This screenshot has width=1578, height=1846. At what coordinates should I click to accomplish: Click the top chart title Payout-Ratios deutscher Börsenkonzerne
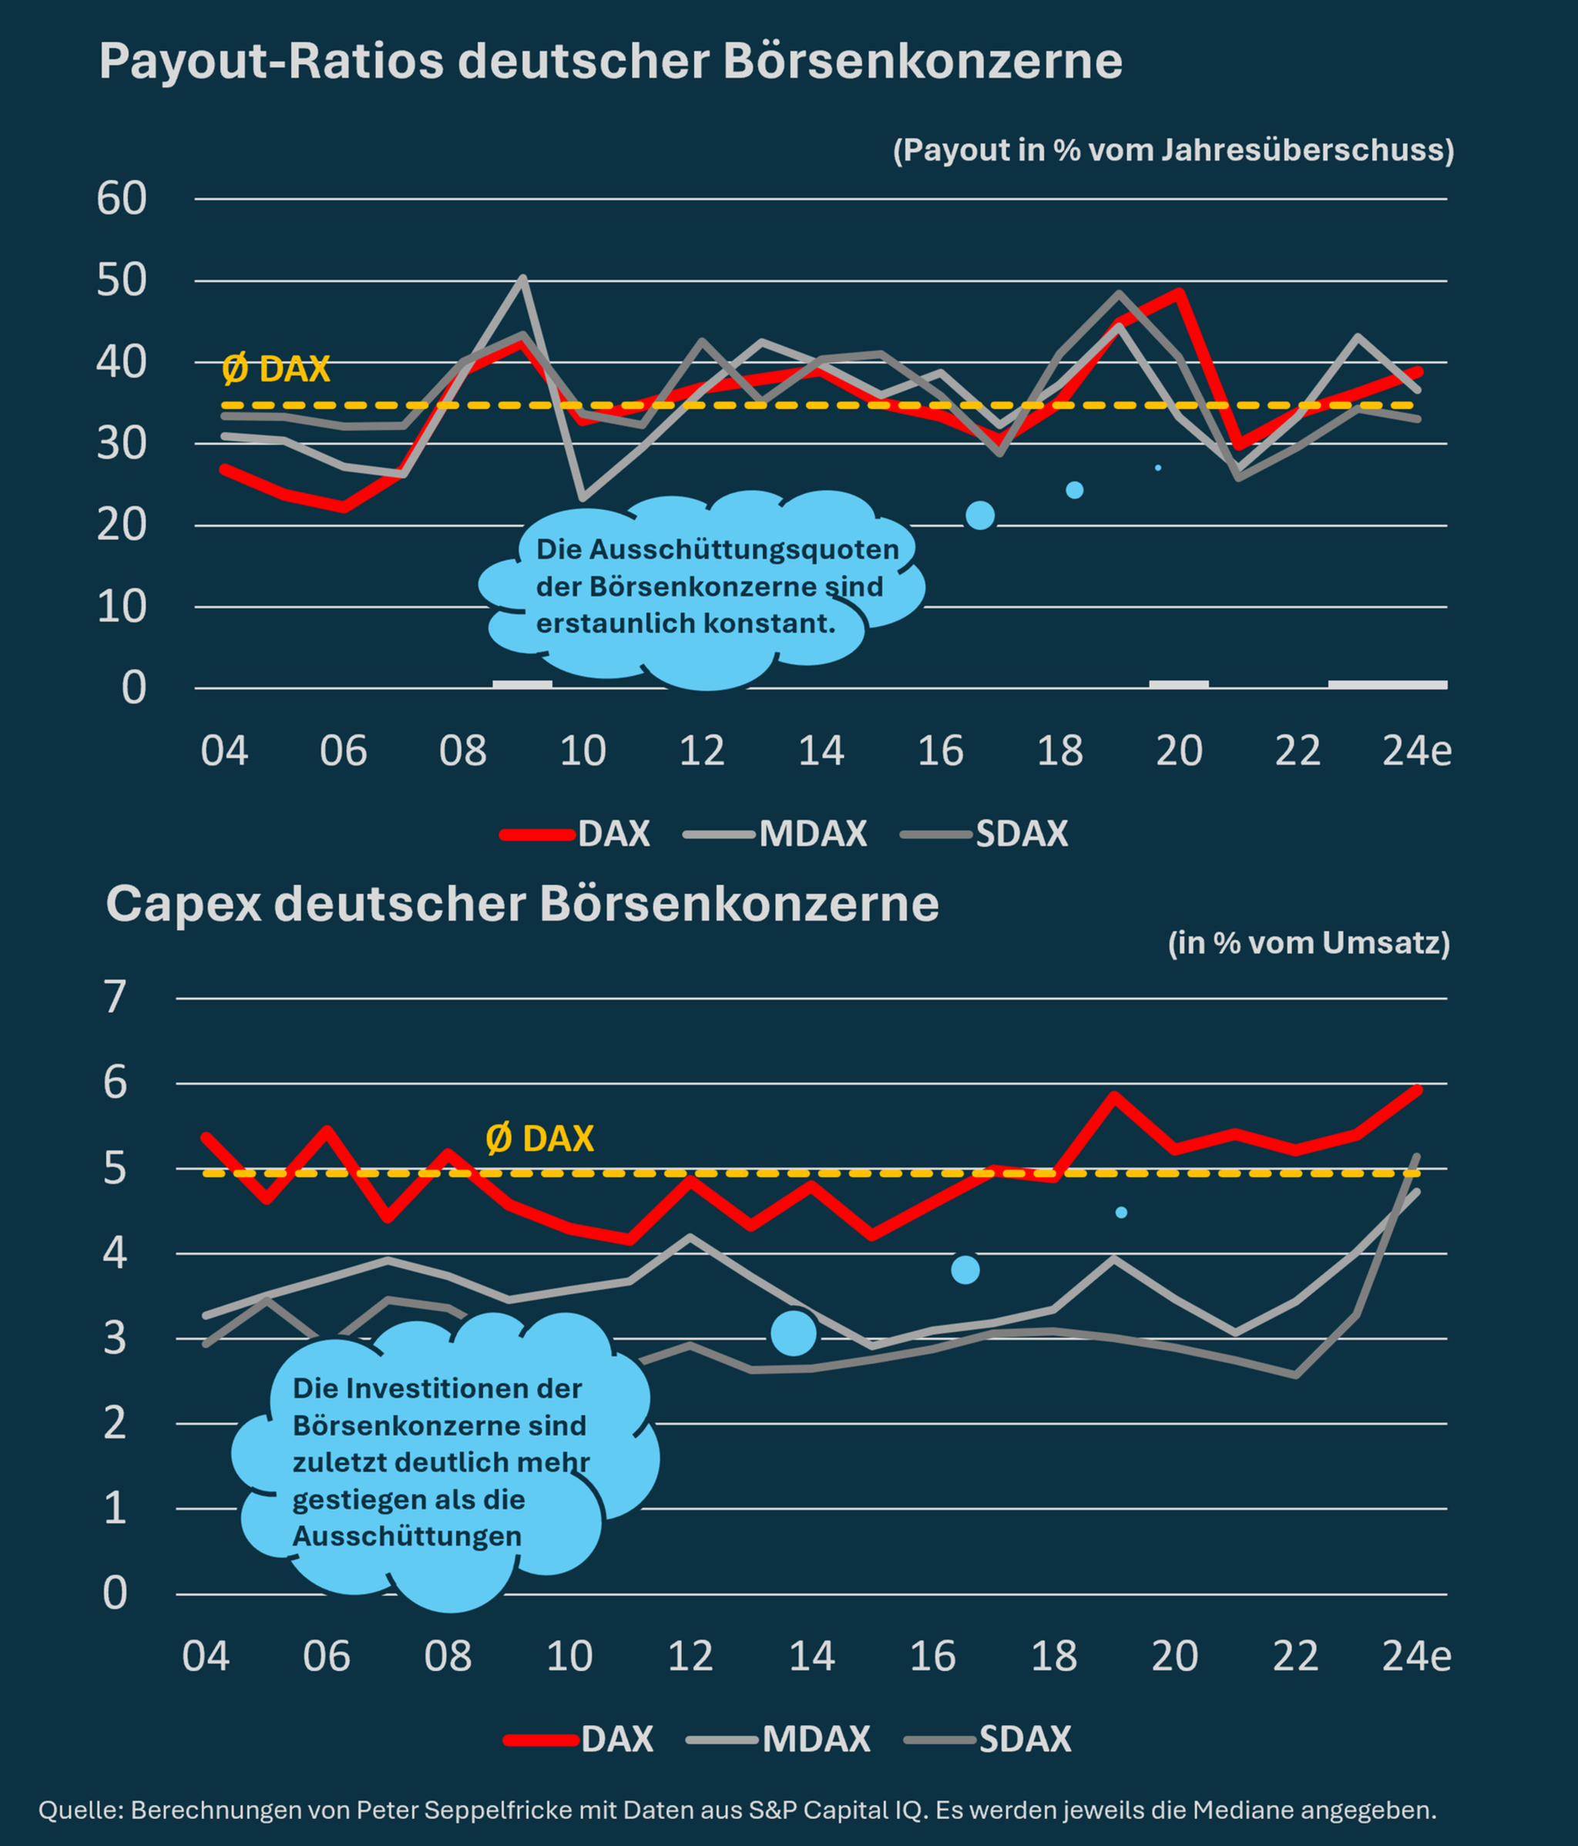coord(610,62)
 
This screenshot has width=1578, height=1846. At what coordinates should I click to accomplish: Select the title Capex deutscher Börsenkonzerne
coord(522,905)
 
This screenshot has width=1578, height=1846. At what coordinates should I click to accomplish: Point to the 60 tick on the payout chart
coord(122,199)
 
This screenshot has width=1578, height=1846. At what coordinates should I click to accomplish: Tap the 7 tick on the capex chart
coord(116,997)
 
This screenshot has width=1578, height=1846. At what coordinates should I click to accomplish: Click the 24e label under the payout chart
coord(1417,751)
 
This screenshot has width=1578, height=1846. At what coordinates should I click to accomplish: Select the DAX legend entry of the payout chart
coord(613,834)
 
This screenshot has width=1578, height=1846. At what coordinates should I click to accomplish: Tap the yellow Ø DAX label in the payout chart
coord(276,369)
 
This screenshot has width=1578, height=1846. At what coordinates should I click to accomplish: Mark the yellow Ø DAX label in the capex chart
coord(539,1139)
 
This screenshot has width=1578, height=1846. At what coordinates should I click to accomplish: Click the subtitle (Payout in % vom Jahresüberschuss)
coord(1173,149)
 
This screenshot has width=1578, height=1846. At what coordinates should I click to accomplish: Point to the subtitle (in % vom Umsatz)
coord(1309,942)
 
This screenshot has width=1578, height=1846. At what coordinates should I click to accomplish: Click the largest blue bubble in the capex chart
coord(793,1333)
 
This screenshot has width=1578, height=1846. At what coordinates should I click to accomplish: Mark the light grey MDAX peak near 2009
coord(523,278)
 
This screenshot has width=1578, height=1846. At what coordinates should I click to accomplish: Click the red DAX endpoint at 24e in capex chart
coord(1417,1089)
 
